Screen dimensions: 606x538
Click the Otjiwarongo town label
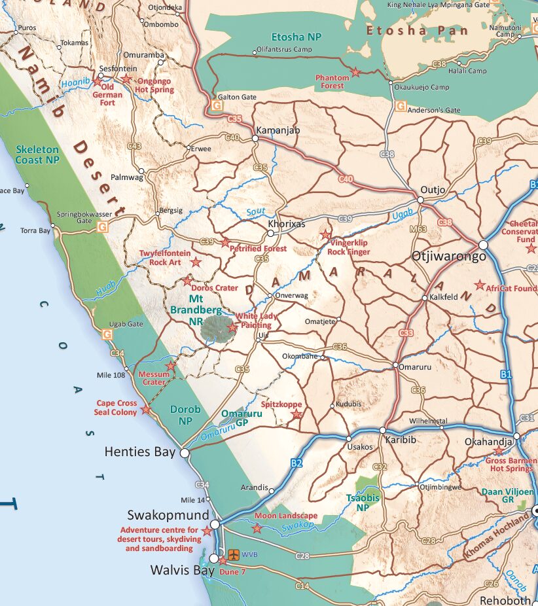click(x=449, y=256)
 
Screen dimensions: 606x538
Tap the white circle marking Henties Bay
click(x=185, y=453)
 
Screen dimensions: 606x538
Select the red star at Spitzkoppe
click(x=296, y=414)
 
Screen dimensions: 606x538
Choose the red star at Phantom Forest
click(x=355, y=72)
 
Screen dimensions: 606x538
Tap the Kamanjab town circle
click(x=255, y=139)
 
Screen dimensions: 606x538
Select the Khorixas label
click(x=287, y=224)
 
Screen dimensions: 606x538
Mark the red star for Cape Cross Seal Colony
click(x=145, y=410)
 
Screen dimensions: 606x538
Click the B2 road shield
click(x=296, y=463)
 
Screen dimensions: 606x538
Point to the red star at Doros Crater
click(x=188, y=281)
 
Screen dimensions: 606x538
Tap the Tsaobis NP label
click(x=361, y=502)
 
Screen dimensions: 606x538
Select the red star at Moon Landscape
click(x=257, y=527)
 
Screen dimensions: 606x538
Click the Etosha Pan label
click(x=417, y=31)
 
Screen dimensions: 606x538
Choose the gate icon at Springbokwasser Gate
click(x=102, y=227)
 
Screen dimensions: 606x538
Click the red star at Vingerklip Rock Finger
click(x=325, y=234)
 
